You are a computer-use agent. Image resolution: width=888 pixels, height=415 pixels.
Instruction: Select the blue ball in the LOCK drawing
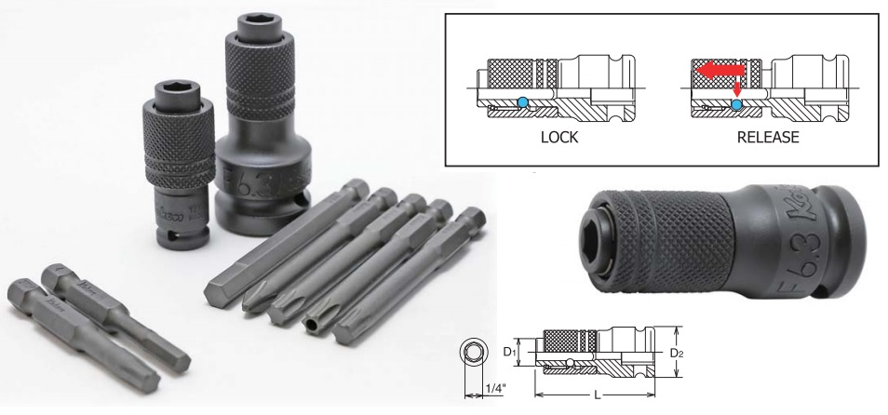tap(523, 102)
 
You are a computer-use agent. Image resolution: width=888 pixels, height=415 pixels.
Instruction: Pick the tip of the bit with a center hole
tap(314, 326)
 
